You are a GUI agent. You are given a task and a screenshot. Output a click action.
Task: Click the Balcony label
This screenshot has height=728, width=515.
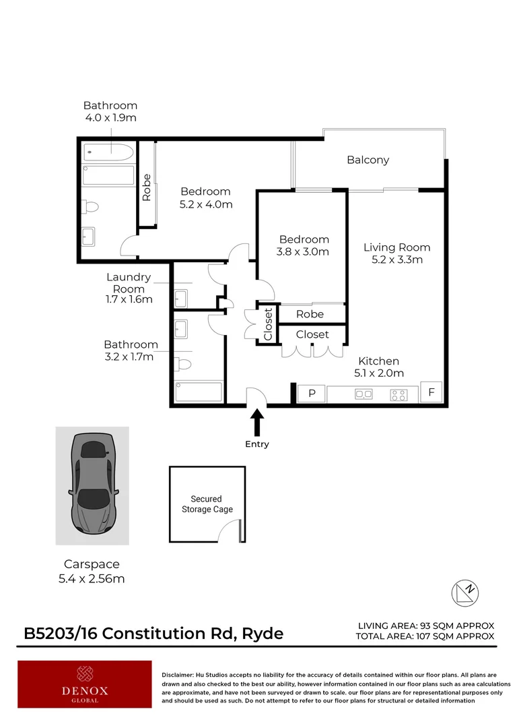368,160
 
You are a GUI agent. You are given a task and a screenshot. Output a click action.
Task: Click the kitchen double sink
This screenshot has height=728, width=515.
364,395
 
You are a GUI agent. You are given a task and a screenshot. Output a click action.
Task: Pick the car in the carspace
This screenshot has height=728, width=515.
92,485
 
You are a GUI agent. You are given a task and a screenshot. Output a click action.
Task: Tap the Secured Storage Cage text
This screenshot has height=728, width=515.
207,504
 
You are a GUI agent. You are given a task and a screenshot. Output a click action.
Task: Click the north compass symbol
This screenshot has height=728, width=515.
465,591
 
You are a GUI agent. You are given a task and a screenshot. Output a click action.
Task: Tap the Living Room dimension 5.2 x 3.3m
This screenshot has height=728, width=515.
396,260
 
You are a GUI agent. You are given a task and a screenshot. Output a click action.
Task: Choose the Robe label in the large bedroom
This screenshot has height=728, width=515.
147,188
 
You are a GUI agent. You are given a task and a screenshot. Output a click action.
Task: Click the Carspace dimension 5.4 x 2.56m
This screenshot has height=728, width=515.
92,578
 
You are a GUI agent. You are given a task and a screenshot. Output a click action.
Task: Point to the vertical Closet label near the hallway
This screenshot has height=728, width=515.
267,325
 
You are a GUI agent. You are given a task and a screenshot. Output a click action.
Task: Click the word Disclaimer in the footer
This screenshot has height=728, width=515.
177,674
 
